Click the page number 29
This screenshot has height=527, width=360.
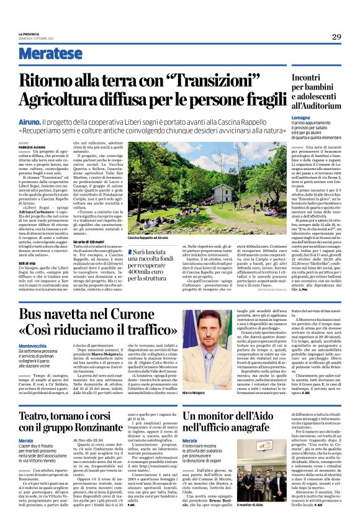click(x=336, y=37)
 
